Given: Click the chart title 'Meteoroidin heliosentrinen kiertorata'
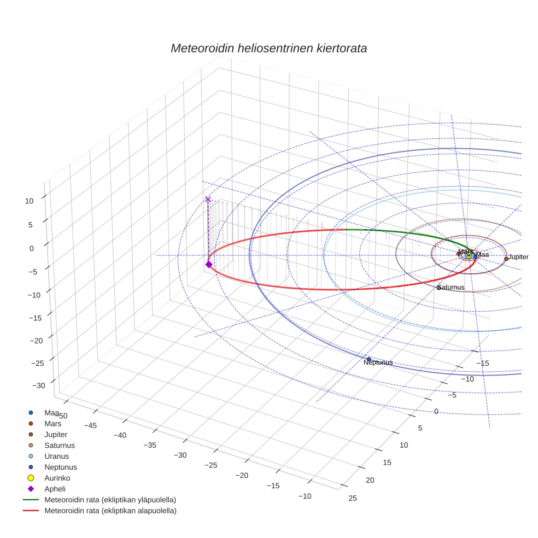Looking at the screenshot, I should click(268, 48).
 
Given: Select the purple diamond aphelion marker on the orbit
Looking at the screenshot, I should click(208, 264).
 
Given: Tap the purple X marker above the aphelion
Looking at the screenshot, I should click(208, 200).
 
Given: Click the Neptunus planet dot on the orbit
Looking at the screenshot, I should click(369, 359).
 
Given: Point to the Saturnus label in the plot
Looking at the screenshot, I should click(451, 287).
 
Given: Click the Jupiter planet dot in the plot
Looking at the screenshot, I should click(506, 259).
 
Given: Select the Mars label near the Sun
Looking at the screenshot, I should click(465, 252).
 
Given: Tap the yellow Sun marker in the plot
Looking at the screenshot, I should click(469, 255).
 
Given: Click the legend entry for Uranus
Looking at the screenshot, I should click(57, 456).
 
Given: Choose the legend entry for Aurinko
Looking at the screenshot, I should click(58, 478).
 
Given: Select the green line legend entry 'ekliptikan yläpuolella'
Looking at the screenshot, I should click(110, 500).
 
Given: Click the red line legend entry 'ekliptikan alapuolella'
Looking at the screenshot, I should click(110, 511).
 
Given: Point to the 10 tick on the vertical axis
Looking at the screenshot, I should click(29, 201).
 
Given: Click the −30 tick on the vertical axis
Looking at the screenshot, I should click(39, 385).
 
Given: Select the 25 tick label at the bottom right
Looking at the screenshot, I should click(353, 498).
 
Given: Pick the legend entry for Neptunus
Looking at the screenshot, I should click(61, 467).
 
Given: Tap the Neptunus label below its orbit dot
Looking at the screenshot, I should click(378, 362).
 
